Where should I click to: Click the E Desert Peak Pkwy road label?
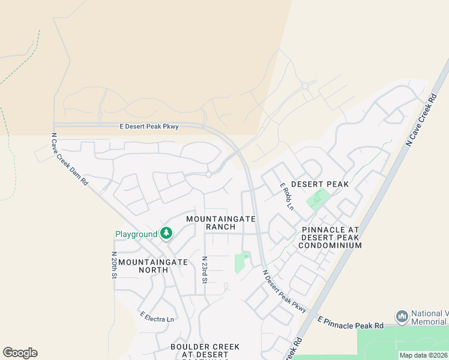[149, 126]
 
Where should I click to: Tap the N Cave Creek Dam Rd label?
[70, 159]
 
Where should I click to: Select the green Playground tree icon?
[166, 233]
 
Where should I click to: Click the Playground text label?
[136, 234]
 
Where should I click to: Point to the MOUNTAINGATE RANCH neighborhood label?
[221, 223]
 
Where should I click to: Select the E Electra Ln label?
[157, 316]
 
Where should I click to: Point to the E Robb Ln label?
[286, 196]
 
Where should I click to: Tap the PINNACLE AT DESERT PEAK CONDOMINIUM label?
[331, 238]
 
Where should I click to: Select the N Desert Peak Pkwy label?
[285, 291]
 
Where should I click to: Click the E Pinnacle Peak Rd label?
[351, 325]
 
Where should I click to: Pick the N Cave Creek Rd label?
[420, 120]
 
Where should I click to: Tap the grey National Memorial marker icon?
[402, 316]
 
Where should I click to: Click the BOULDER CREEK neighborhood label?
[205, 347]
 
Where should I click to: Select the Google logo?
[20, 353]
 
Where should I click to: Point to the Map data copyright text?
[424, 355]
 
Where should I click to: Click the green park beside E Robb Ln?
[318, 199]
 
